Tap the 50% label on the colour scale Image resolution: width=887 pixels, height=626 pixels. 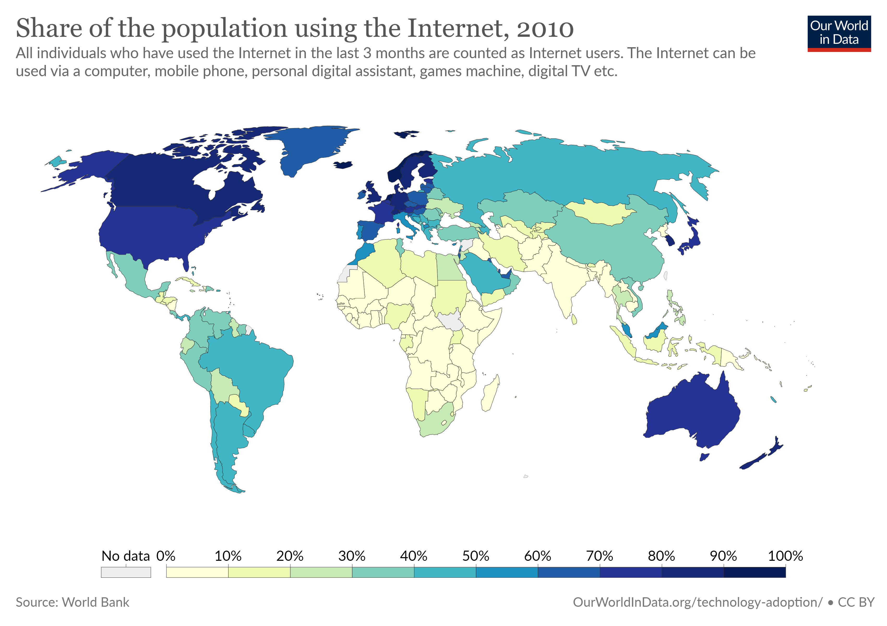(x=476, y=556)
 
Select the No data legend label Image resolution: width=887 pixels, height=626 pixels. (x=125, y=556)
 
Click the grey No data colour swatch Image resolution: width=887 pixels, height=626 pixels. (x=126, y=572)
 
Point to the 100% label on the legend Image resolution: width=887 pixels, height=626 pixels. (x=786, y=556)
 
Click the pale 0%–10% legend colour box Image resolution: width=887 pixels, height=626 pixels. (x=197, y=572)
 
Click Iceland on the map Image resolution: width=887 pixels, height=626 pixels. (x=343, y=165)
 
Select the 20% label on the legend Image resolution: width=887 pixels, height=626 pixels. (x=290, y=556)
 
